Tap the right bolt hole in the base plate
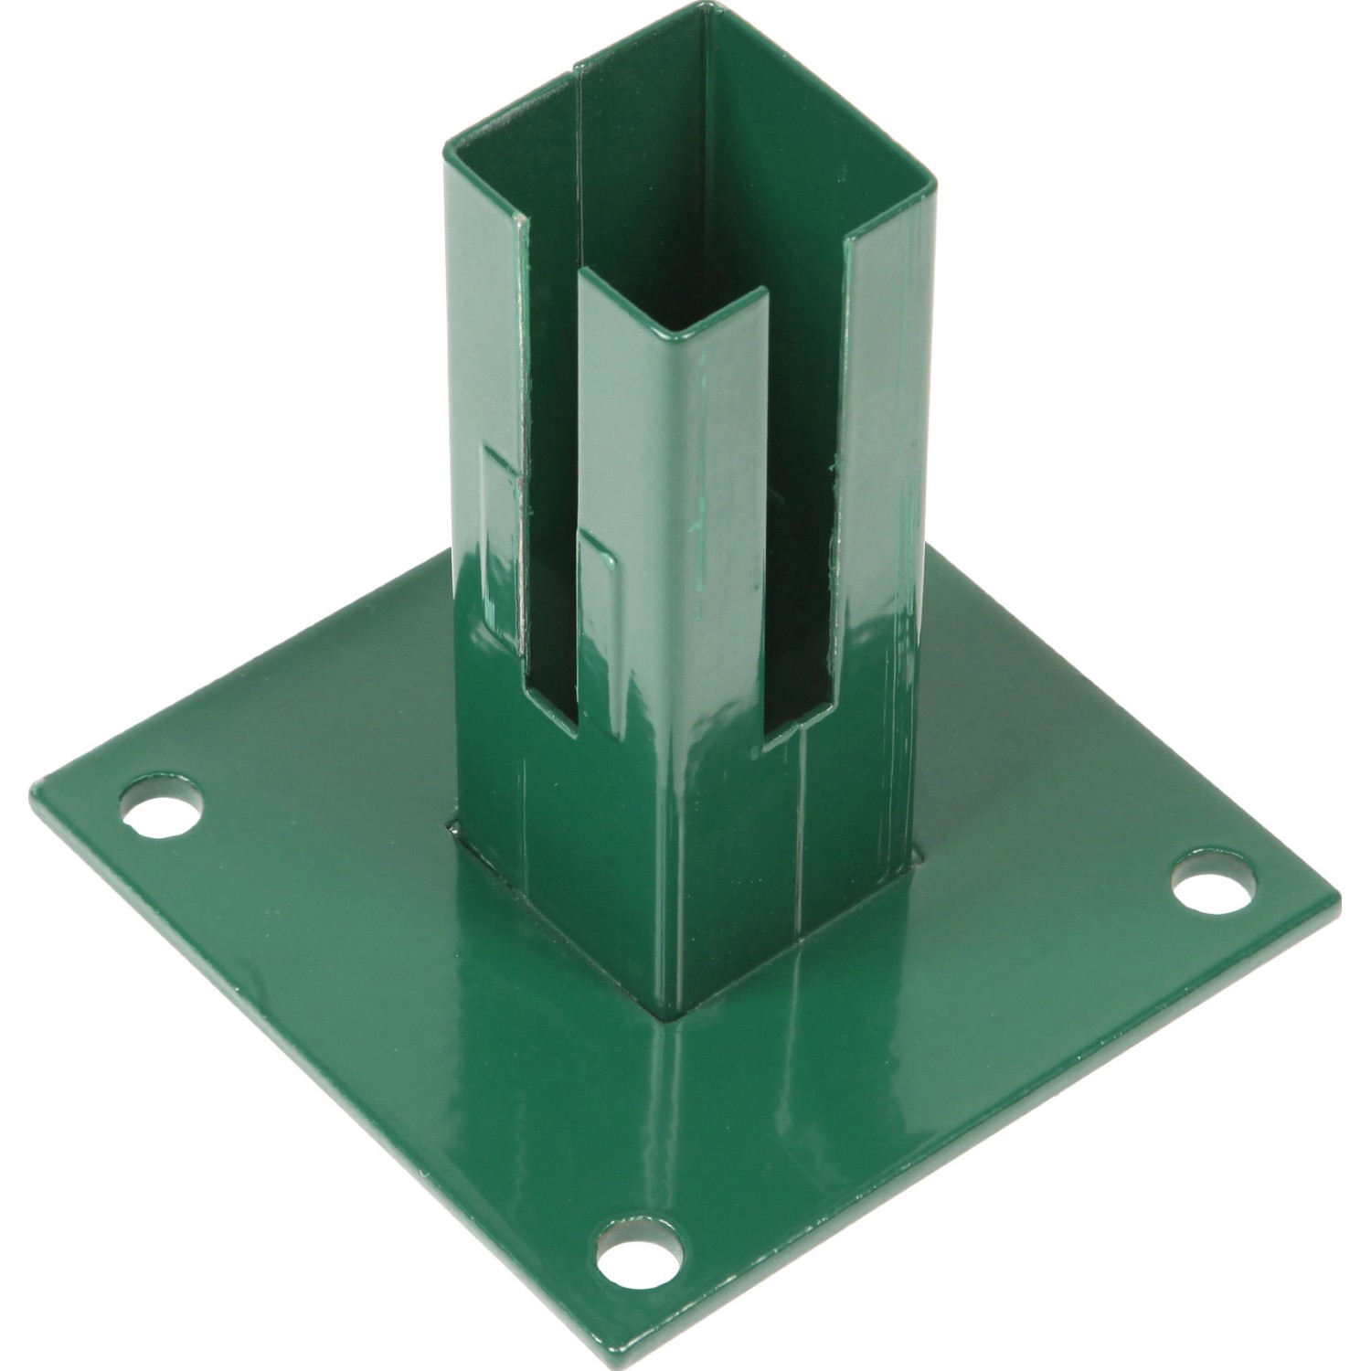point(1213,879)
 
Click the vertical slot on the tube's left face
point(552,512)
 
